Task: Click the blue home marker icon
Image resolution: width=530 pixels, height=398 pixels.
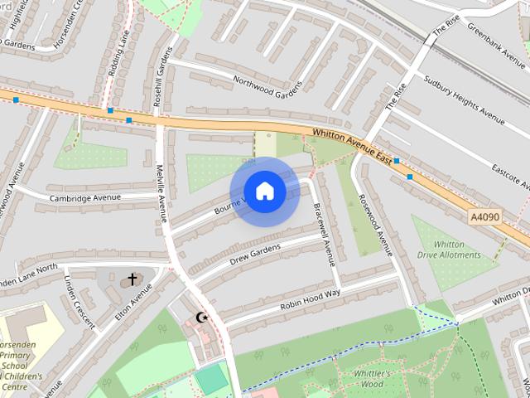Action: point(264,192)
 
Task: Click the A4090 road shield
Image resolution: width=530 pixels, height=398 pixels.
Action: point(485,216)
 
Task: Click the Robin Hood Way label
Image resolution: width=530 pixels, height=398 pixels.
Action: point(311,300)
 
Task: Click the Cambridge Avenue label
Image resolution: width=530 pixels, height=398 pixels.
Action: point(84,198)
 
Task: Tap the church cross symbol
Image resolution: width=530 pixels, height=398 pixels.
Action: point(132,279)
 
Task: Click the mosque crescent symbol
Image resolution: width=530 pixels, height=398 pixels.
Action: point(202,317)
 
